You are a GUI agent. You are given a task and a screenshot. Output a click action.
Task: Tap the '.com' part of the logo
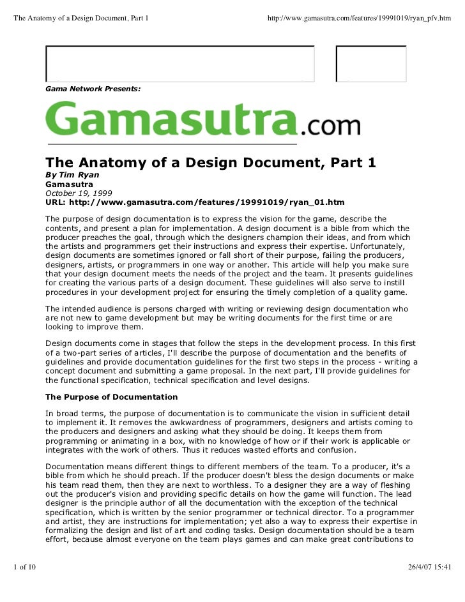(x=330, y=126)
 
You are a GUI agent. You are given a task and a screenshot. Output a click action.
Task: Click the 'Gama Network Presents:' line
(x=93, y=91)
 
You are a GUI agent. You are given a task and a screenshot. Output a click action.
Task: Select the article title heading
(x=210, y=163)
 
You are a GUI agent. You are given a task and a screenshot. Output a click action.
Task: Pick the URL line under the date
(x=194, y=202)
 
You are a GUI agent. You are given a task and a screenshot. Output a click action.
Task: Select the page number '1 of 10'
(x=24, y=566)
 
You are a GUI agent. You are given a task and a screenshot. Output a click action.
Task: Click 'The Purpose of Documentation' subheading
(x=111, y=397)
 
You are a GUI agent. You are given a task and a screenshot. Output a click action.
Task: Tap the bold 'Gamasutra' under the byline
(x=69, y=183)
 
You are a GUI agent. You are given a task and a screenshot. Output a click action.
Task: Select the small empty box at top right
(x=371, y=63)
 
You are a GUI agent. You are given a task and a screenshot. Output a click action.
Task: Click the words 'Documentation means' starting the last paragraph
(x=86, y=467)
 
